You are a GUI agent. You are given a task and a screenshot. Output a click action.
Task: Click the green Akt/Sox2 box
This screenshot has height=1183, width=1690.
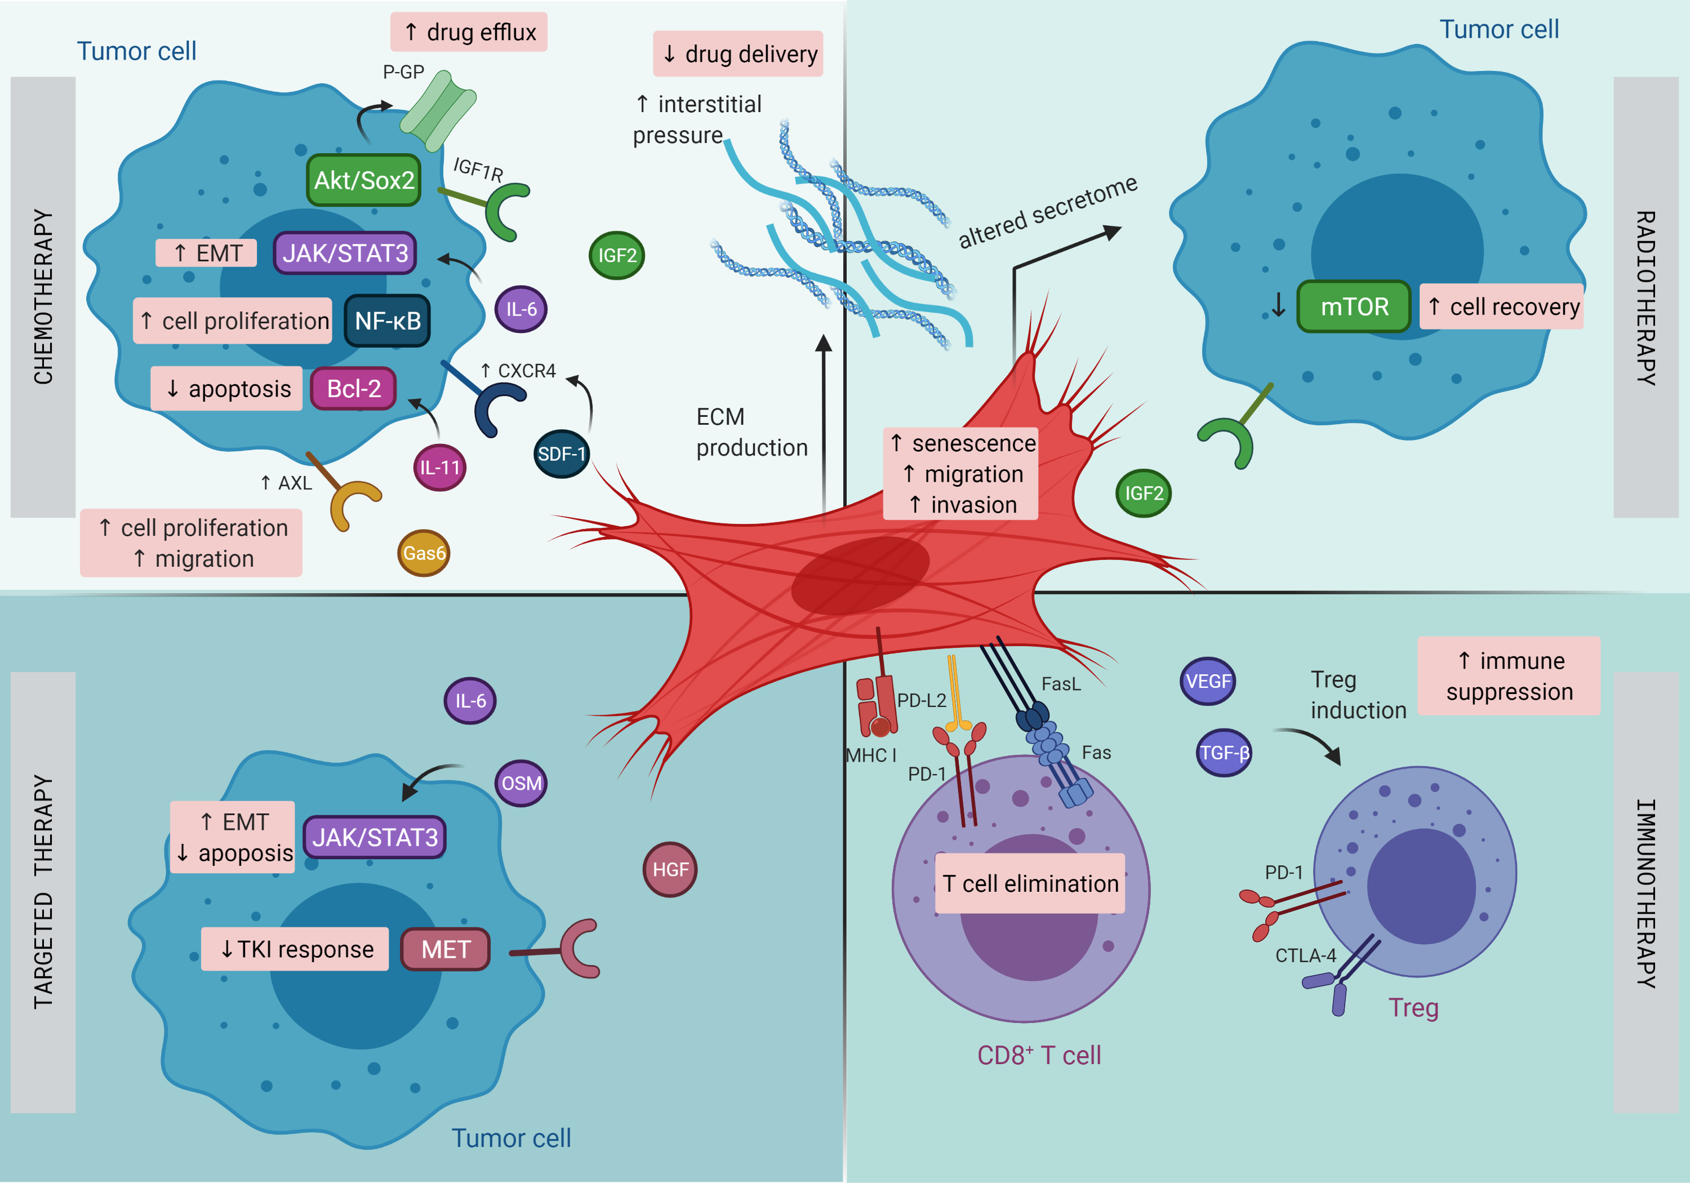tap(363, 180)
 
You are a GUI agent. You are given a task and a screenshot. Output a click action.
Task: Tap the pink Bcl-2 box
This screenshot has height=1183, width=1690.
tap(353, 389)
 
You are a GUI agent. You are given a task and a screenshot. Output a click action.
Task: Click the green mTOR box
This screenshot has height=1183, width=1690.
tap(1354, 306)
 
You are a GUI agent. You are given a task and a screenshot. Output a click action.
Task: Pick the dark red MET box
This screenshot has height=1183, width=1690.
tap(446, 950)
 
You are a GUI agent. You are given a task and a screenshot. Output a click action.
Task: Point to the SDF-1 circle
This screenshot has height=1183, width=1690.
tap(562, 454)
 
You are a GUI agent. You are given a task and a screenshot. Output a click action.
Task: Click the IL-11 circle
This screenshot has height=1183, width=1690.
tap(439, 468)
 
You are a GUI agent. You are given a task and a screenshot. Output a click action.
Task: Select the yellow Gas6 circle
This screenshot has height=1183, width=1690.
tap(424, 553)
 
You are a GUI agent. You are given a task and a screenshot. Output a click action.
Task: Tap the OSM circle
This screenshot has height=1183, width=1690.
tap(521, 783)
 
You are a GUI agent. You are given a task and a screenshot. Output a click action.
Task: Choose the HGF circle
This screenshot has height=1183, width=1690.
tap(670, 869)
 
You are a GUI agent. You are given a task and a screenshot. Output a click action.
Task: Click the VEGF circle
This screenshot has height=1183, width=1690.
tap(1208, 681)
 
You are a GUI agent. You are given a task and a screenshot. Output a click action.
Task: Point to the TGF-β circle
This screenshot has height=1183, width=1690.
tap(1224, 753)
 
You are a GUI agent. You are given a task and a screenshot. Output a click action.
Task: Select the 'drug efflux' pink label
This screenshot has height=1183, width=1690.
tap(469, 32)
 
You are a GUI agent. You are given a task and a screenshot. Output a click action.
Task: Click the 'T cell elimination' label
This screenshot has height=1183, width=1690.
tap(1030, 883)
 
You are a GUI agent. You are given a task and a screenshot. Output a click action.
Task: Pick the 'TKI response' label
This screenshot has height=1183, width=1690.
tap(295, 950)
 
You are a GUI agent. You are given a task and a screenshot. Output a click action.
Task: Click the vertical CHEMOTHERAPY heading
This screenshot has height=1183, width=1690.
tap(43, 297)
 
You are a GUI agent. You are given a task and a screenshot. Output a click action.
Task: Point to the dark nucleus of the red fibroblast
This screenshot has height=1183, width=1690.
tap(860, 575)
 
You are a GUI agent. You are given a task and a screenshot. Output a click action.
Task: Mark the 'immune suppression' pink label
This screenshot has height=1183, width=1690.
tap(1509, 676)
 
